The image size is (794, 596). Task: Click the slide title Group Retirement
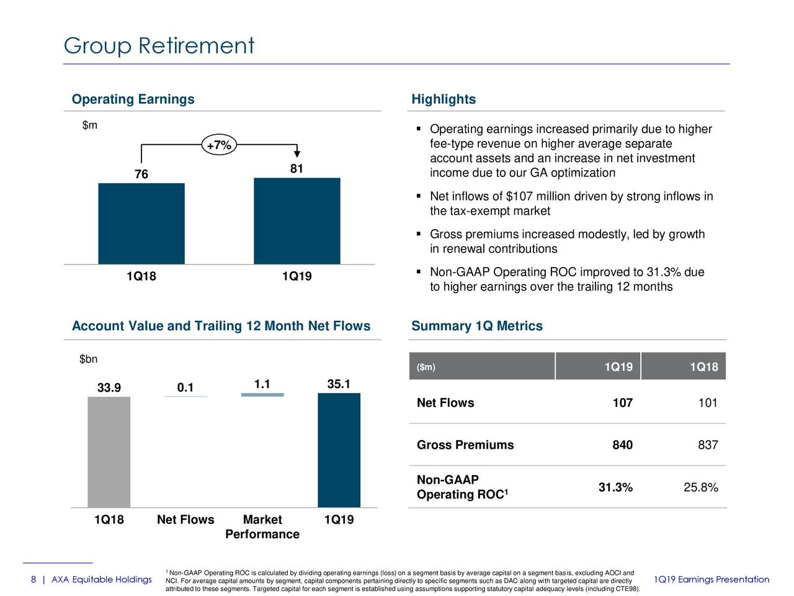(159, 45)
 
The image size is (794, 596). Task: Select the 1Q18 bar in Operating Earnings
(141, 223)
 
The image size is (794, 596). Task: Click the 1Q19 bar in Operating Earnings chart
(297, 221)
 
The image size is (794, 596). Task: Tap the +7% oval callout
(218, 146)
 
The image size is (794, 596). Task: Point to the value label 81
(297, 169)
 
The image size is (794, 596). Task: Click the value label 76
(141, 174)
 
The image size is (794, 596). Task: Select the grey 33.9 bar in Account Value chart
(109, 452)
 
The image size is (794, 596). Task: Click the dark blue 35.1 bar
(339, 450)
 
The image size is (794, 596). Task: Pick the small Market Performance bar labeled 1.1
(262, 395)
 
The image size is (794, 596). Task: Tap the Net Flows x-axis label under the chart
(185, 520)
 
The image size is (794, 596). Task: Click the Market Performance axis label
(262, 527)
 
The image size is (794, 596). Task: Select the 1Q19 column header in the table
(618, 367)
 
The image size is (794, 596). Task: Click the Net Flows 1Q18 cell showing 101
(707, 403)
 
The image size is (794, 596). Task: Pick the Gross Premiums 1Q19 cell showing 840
(622, 445)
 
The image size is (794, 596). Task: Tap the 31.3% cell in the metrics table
(615, 487)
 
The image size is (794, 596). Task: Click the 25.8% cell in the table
(700, 487)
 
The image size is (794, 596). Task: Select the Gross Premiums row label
(465, 445)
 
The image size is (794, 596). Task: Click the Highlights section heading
(444, 99)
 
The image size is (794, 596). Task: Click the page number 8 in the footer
(33, 580)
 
